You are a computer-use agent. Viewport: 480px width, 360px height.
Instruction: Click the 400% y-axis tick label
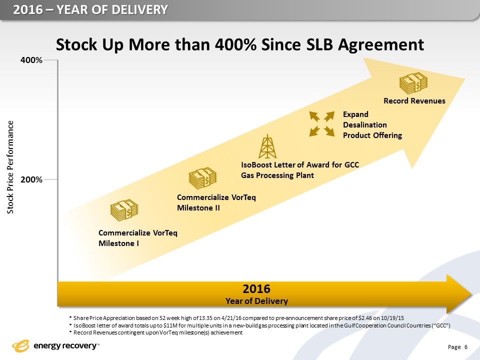(31, 60)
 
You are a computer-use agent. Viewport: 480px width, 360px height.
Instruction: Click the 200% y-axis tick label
(31, 179)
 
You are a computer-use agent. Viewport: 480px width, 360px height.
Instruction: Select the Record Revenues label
(414, 101)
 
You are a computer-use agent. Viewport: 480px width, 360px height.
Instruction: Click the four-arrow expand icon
(321, 123)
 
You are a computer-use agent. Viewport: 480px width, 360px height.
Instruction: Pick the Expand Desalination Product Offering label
(372, 124)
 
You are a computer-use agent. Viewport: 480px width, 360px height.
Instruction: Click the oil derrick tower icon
(269, 146)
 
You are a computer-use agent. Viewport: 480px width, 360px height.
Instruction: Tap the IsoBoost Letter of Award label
(300, 170)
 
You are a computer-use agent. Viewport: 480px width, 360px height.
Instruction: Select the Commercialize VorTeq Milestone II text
(216, 202)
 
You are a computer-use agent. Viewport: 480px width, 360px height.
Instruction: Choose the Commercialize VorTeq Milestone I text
(137, 237)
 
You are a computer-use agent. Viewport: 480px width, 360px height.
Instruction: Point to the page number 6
(465, 347)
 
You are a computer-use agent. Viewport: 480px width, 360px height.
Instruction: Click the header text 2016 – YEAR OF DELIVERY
(90, 9)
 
